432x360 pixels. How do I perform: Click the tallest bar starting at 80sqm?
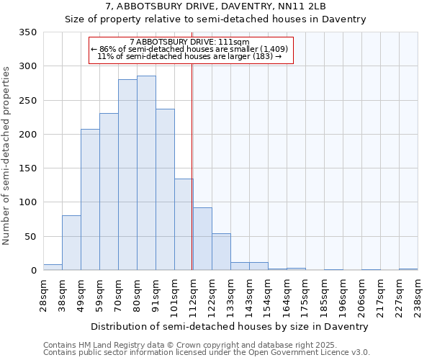point(146,173)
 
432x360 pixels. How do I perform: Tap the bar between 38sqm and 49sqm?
point(71,243)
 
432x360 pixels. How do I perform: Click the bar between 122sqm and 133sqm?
point(221,252)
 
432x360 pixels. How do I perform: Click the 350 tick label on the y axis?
point(27,32)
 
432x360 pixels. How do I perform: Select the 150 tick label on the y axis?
point(27,168)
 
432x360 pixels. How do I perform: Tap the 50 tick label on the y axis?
point(30,236)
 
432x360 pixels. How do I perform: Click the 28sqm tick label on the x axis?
point(44,292)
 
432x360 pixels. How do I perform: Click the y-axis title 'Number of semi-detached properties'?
point(7,155)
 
